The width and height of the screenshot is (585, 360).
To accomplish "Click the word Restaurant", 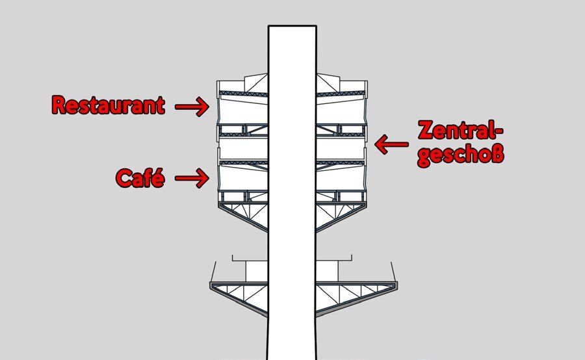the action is [108, 105].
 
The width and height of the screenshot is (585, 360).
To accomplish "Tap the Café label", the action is [140, 177].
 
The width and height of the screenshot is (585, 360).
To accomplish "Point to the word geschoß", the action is [461, 155].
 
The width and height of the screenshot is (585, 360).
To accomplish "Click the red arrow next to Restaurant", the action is [192, 107].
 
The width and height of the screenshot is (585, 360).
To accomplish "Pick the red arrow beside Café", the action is [192, 177].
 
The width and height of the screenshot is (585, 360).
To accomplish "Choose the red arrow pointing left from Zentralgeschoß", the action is [391, 144].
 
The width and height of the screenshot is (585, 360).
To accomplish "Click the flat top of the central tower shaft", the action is [292, 26].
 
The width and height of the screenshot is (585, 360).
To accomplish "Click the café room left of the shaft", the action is [243, 178].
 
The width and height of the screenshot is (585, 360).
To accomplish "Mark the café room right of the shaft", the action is [341, 178].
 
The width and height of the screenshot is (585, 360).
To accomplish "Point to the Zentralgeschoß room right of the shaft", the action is [340, 149].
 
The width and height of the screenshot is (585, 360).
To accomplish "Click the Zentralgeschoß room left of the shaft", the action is [244, 149].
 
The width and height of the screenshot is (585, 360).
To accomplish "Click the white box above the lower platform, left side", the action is [257, 272].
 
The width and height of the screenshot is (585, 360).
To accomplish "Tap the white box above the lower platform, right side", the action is [327, 272].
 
